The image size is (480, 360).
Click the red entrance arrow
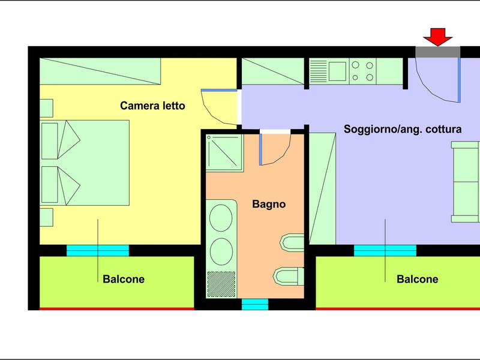(x=438, y=37)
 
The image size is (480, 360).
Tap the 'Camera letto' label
(x=152, y=106)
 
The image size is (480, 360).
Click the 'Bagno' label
(x=269, y=204)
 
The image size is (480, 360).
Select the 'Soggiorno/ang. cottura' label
(x=403, y=129)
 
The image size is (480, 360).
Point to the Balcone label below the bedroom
(x=124, y=279)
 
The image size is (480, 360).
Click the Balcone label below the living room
(x=417, y=279)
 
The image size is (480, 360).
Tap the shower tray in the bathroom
(x=224, y=152)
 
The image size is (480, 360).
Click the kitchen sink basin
(x=337, y=71)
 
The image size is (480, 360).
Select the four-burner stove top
(x=362, y=71)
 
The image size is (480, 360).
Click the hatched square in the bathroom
(x=221, y=284)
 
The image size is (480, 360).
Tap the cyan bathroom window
(x=255, y=305)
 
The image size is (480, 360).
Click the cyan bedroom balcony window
(x=98, y=250)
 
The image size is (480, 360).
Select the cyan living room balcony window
(x=385, y=250)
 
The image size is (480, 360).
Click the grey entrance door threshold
(x=438, y=52)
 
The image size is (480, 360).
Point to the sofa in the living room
(x=466, y=182)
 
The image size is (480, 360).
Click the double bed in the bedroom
(x=85, y=163)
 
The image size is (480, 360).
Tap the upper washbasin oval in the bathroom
(x=221, y=218)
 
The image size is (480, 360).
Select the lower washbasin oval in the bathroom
(x=221, y=251)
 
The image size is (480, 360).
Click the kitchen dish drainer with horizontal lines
(x=319, y=71)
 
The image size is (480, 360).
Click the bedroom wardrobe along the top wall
(x=100, y=71)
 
